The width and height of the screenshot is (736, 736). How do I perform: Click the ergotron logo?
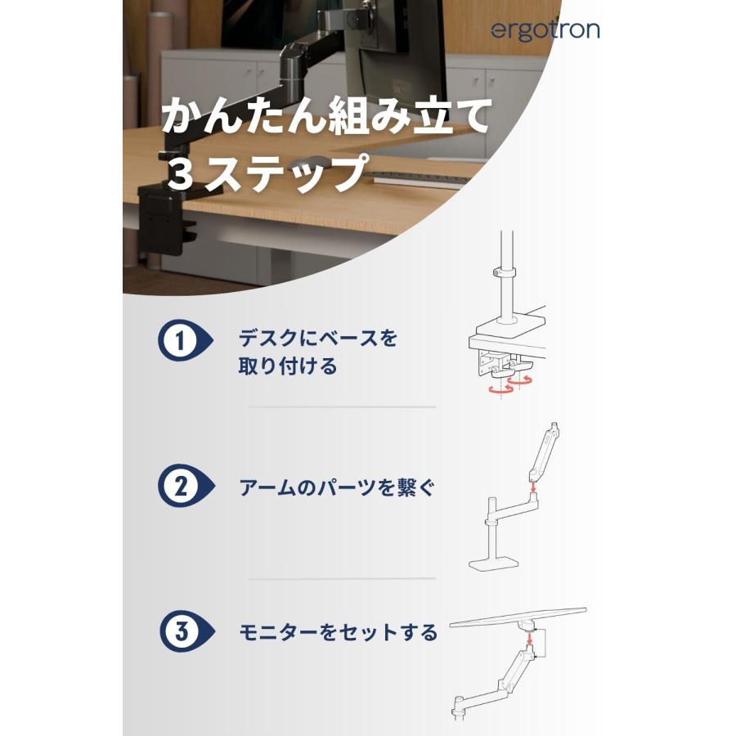pos(545,30)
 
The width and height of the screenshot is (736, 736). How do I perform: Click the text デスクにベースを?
pos(317,338)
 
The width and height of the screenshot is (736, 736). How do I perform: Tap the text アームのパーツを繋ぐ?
pos(337,489)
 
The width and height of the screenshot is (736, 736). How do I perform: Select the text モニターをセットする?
pos(338,634)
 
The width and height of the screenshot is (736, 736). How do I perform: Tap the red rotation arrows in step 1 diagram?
pos(507,384)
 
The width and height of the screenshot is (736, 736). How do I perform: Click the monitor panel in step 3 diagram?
pos(520,617)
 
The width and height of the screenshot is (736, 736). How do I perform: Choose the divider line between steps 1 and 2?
pos(342,407)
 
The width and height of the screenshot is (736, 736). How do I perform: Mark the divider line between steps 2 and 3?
pos(342,579)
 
